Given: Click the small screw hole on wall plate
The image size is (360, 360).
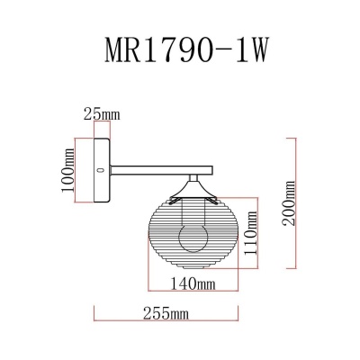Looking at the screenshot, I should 101,168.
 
